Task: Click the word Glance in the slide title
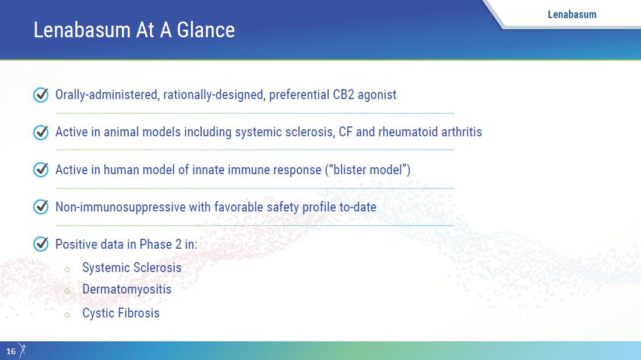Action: pos(206,30)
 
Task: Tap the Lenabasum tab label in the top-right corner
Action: pos(572,15)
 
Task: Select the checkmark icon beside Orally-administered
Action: pos(41,95)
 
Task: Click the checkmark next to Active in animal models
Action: pos(41,132)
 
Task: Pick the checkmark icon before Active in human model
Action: pos(41,170)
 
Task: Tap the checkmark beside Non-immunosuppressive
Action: pos(41,207)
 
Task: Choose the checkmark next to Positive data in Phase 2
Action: pos(41,244)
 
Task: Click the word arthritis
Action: pos(462,132)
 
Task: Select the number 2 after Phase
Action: pos(178,244)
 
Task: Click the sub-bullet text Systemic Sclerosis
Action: pos(132,267)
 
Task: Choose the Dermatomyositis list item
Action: pos(126,290)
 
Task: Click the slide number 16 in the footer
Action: pos(11,351)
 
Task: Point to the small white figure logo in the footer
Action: pos(23,351)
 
